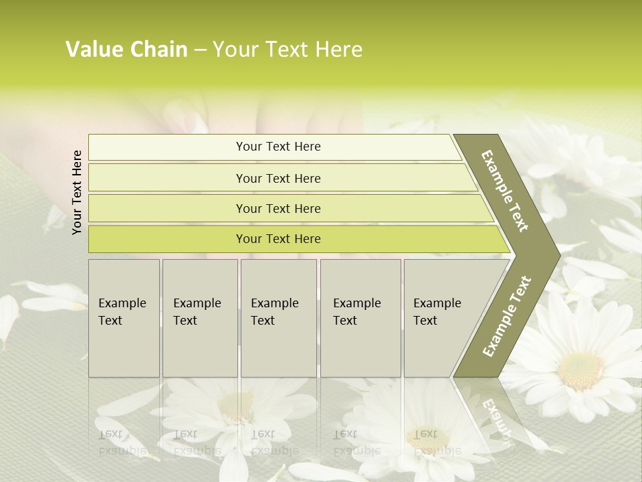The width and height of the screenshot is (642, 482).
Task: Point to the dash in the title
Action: [x=200, y=50]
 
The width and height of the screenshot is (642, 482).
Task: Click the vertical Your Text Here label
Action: [x=77, y=192]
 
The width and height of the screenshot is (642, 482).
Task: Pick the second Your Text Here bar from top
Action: [x=278, y=178]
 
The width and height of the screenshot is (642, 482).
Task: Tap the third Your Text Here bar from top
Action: [x=278, y=208]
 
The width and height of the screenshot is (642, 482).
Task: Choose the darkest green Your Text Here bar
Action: [x=278, y=239]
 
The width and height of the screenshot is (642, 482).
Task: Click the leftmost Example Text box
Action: [x=124, y=318]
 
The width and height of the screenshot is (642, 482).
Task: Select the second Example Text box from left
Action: [x=200, y=318]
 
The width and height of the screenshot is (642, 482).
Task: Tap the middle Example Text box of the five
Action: [x=278, y=318]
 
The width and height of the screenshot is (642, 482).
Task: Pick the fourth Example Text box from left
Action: [x=360, y=318]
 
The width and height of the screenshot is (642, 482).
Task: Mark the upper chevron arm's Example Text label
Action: [x=505, y=191]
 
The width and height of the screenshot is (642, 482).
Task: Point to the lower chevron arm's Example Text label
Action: [x=507, y=316]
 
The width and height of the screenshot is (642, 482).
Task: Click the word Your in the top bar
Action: [x=248, y=147]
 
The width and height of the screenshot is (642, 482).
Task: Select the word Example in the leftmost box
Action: [x=122, y=303]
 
